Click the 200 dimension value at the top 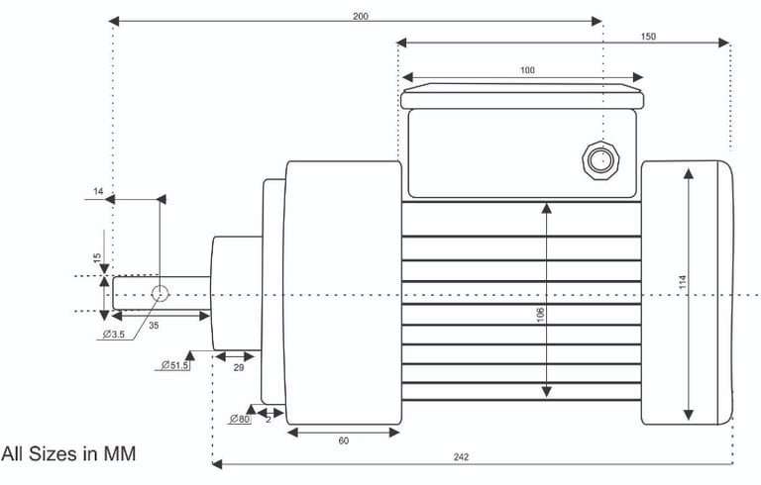click(x=358, y=16)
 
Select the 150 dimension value click(x=648, y=37)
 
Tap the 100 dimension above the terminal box click(x=526, y=70)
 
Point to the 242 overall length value click(x=462, y=456)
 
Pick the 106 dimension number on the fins click(x=539, y=315)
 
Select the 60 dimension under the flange click(x=343, y=440)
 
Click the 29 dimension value click(x=238, y=367)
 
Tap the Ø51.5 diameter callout click(x=175, y=365)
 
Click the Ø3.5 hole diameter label click(x=117, y=335)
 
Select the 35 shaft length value click(x=154, y=324)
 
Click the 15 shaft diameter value click(x=96, y=257)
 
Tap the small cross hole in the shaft click(x=160, y=293)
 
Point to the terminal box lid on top click(x=523, y=97)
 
